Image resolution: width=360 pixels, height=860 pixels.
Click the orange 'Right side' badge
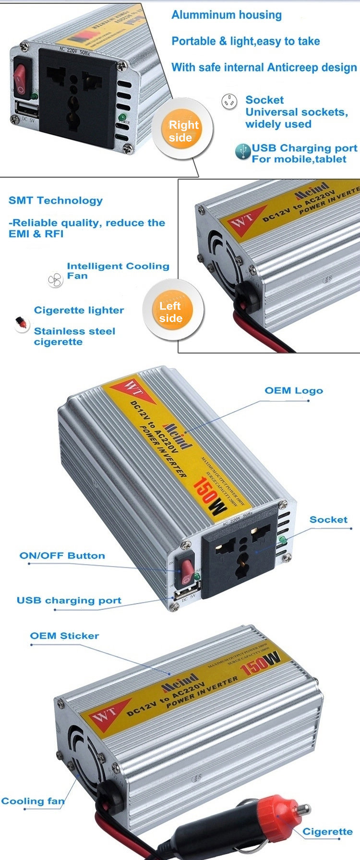[183, 131]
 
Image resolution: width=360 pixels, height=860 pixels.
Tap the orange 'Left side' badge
[171, 312]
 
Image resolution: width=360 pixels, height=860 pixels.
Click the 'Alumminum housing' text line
[227, 15]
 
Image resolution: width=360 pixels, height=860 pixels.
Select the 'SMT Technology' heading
[56, 201]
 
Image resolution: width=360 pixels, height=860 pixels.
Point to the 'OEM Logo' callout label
[294, 390]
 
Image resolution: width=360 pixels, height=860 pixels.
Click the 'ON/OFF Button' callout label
[62, 556]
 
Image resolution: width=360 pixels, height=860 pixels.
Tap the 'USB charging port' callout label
[69, 600]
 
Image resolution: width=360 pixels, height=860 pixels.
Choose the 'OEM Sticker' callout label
[64, 636]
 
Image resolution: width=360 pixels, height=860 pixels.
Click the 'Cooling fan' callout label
[33, 801]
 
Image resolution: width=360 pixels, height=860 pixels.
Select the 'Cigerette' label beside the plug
[327, 832]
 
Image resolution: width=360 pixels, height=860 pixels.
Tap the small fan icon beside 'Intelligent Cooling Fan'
[55, 279]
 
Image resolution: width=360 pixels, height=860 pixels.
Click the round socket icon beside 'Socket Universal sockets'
[229, 101]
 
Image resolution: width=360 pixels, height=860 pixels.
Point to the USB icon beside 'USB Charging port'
[243, 151]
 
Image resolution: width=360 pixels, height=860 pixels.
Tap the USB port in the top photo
[27, 109]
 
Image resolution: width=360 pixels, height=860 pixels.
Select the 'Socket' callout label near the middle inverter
[328, 520]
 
